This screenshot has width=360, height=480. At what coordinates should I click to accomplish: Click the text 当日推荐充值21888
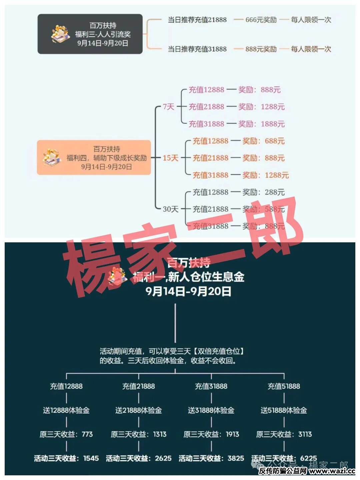tap(197, 20)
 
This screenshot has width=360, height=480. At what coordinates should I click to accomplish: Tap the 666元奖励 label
tap(261, 20)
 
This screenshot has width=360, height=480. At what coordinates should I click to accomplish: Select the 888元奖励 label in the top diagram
tap(261, 49)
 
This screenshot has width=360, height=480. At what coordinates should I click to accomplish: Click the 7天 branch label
tap(169, 107)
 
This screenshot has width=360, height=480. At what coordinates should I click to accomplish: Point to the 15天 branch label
tap(170, 158)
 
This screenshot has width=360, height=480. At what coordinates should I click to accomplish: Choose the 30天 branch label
tap(170, 209)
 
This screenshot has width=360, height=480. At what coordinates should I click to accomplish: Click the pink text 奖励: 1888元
tap(261, 124)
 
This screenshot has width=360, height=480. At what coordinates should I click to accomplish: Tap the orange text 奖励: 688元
tap(263, 141)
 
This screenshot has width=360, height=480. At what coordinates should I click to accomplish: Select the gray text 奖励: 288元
tap(263, 192)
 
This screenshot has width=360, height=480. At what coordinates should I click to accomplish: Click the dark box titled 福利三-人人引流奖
tap(90, 34)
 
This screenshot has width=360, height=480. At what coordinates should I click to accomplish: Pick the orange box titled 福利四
tap(94, 158)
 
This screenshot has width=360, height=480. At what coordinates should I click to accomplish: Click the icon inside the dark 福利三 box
tap(60, 34)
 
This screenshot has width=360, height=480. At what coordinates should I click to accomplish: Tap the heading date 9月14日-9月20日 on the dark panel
tap(188, 291)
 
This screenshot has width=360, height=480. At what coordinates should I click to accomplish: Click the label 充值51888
tap(284, 386)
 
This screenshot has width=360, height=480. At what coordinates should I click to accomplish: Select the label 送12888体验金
tap(66, 410)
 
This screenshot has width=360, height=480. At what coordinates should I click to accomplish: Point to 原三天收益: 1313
tap(139, 434)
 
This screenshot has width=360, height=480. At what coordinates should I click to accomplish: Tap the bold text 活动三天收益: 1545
tap(66, 458)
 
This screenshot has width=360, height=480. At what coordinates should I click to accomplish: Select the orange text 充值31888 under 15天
tap(210, 175)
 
